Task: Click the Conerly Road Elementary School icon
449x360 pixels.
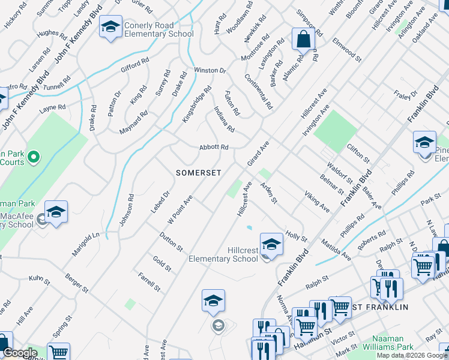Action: (110, 28)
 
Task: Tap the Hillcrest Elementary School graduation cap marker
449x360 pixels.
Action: (271, 244)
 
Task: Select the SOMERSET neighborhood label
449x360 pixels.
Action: (199, 173)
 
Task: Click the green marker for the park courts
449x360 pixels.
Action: (34, 158)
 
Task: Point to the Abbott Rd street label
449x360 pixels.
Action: (214, 148)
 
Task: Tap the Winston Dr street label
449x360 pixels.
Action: (209, 71)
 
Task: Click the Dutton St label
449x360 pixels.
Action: (171, 241)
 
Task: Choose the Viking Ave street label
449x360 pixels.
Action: (316, 202)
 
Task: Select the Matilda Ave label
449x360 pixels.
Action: (338, 248)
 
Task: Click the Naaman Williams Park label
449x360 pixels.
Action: (393, 343)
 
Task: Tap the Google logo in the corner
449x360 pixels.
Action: (20, 353)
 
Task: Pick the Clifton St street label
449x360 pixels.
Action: (358, 153)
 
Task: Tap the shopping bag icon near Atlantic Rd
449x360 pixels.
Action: (303, 40)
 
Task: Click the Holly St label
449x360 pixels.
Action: (296, 229)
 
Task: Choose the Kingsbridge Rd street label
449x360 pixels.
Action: (197, 105)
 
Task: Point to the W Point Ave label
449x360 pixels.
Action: (179, 208)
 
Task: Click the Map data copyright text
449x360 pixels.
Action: (412, 355)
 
